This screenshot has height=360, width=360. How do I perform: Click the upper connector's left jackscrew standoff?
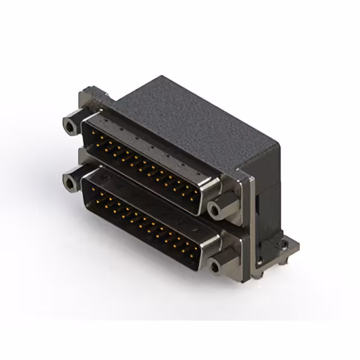70,124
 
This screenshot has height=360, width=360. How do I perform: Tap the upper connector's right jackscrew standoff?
215,210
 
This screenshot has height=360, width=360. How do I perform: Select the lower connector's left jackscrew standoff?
71,182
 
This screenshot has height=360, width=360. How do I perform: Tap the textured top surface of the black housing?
186,118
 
